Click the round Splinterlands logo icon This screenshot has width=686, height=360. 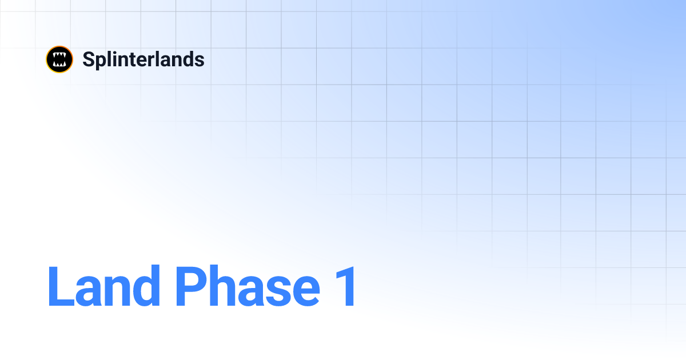59,59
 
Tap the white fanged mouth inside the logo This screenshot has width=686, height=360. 59,59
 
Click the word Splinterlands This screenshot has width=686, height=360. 143,59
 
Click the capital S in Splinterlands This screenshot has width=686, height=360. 89,59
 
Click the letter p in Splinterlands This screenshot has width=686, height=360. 100,62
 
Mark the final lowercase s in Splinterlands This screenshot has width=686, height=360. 200,61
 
